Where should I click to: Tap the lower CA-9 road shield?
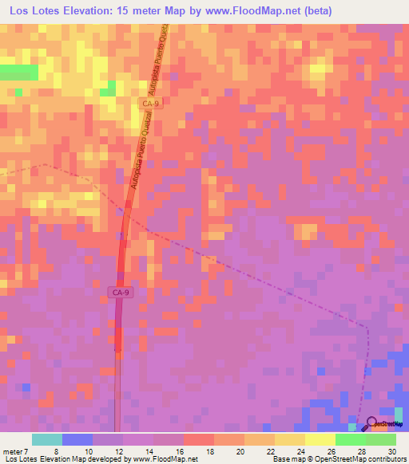(x=119, y=293)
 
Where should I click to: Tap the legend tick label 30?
(x=391, y=450)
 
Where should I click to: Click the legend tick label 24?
(x=300, y=450)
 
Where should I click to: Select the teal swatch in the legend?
(x=46, y=439)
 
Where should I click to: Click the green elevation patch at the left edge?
(x=18, y=72)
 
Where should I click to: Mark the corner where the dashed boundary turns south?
(x=367, y=326)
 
